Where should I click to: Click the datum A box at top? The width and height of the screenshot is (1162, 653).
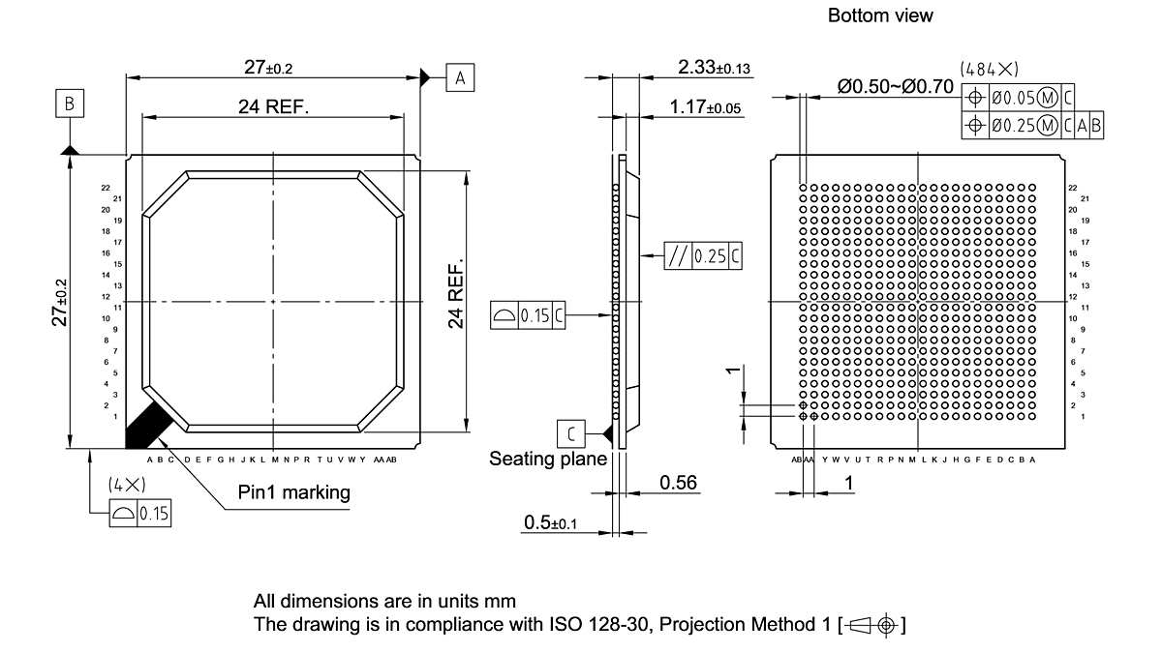tap(461, 77)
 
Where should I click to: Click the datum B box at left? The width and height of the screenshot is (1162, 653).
tap(70, 103)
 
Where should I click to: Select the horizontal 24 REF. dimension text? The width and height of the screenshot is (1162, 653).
tap(274, 107)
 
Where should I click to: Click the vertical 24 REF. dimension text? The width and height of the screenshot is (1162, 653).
tap(456, 293)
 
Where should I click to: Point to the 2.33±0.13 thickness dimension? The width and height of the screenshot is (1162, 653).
tap(715, 67)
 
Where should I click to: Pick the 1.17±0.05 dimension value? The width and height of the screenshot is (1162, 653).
tap(705, 107)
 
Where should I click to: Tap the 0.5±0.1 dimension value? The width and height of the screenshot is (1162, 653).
tap(550, 522)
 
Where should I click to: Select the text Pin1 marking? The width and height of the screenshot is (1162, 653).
tap(294, 492)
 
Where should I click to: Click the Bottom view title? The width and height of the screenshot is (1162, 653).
tap(880, 15)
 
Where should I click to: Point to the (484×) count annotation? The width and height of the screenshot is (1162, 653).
tap(989, 69)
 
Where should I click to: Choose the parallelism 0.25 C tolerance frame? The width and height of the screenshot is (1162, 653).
tap(704, 256)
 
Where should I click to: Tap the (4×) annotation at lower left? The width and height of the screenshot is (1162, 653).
tap(126, 485)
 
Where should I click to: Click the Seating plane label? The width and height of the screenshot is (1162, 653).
tap(548, 459)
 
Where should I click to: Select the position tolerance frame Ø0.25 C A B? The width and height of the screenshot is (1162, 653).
tap(1033, 125)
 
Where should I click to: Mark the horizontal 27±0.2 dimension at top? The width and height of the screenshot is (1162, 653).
tap(268, 67)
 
